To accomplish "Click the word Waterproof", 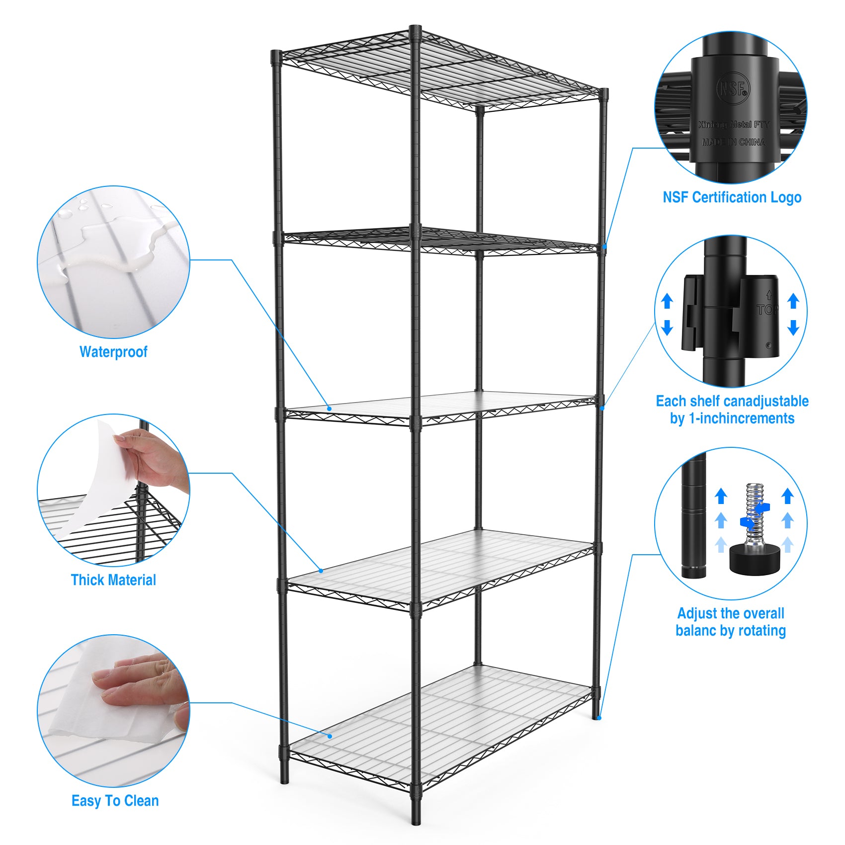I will pos(113,352).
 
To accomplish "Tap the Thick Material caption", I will pos(113,580).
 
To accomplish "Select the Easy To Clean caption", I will pos(115,801).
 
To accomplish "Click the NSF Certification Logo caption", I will pos(732,197).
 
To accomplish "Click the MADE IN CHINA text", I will pos(733,142).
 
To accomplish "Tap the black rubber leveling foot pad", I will pos(753,558).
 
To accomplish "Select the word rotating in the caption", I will pos(761,631).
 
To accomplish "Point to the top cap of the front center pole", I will pos(416,29).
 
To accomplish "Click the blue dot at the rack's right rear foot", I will pos(599,718).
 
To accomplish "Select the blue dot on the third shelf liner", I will pos(329,409).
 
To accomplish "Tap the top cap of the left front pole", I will pos(276,54).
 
